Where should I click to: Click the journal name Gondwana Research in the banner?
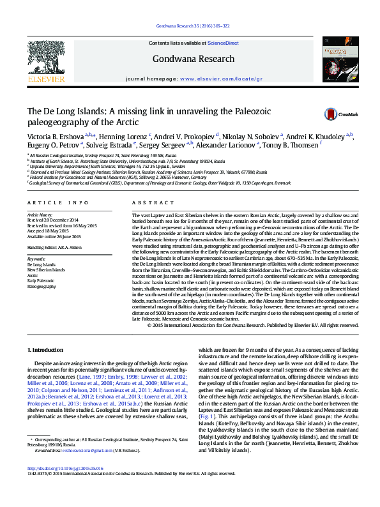pos(194,59)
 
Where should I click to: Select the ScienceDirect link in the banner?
pos(224,43)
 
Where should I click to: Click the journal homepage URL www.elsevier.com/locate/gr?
pos(222,79)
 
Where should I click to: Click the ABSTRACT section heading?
pos(147,202)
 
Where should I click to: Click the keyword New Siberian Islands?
pos(46,270)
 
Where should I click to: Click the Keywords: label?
pos(36,259)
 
